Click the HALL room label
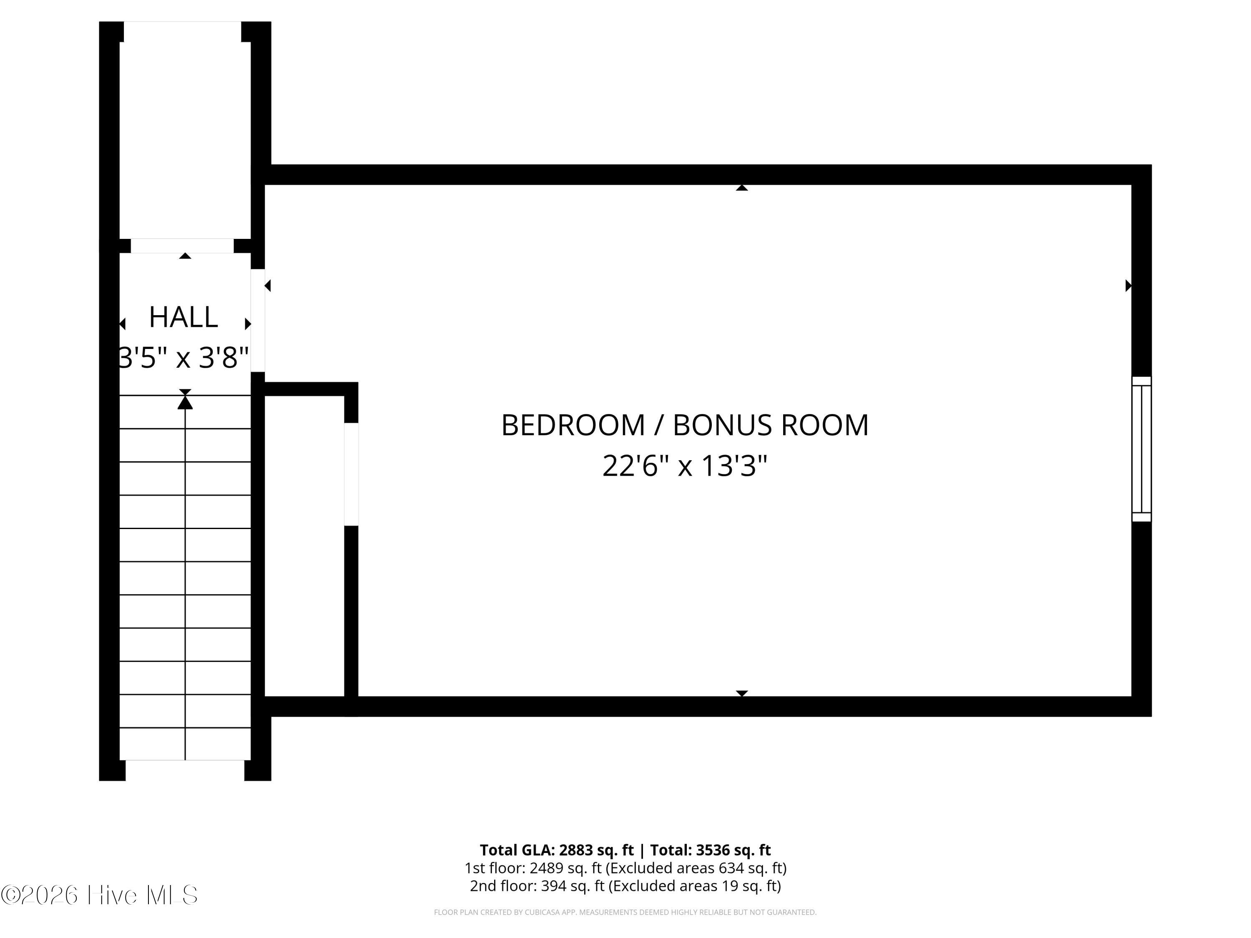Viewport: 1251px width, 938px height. [x=183, y=317]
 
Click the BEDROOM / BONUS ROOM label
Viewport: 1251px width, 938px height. [x=685, y=425]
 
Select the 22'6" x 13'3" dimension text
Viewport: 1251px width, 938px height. [x=685, y=466]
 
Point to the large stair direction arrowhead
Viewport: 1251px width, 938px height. [x=185, y=402]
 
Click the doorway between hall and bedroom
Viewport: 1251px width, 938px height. [x=258, y=321]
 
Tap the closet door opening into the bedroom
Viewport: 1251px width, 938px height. [x=351, y=474]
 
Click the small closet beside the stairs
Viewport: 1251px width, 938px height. [x=304, y=546]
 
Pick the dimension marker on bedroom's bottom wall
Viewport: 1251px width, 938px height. [x=742, y=693]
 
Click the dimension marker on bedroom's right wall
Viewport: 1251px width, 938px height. [x=1128, y=286]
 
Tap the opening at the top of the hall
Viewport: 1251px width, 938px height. [x=182, y=246]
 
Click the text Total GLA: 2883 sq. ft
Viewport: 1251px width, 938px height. [x=557, y=850]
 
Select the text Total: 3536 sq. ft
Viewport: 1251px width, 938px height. [x=710, y=850]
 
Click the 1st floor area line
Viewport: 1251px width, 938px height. [x=625, y=868]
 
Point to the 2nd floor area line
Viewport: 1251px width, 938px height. [x=625, y=885]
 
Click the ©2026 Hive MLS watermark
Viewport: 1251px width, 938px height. [x=100, y=895]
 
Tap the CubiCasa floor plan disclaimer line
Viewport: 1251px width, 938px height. [x=625, y=912]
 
